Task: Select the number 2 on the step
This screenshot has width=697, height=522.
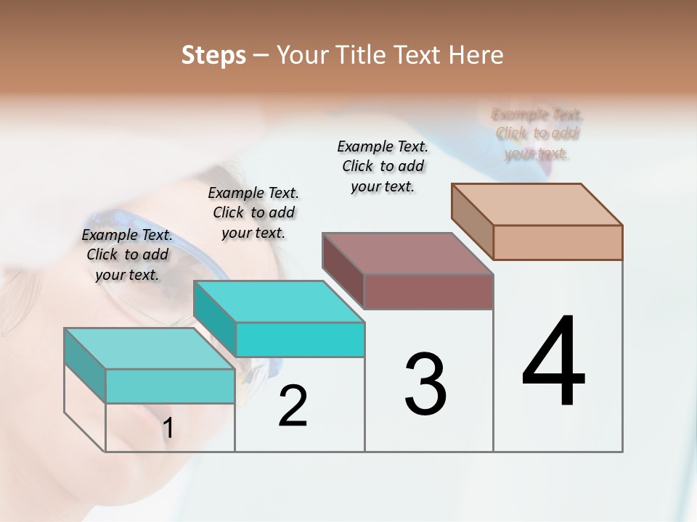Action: tap(293, 406)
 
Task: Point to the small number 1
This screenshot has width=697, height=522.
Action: tap(168, 428)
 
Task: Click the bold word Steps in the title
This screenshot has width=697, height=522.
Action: tap(213, 55)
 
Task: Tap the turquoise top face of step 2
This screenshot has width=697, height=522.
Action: tap(279, 301)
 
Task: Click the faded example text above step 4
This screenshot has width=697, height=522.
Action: tap(537, 133)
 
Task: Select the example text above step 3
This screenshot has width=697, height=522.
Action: tap(383, 166)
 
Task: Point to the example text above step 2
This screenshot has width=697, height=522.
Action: tap(253, 212)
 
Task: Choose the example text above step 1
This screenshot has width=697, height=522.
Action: tap(127, 254)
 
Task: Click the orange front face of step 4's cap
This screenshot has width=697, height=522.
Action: tap(558, 242)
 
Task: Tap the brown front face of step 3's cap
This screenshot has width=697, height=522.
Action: tap(428, 291)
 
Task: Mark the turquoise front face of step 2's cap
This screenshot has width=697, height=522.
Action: tap(300, 339)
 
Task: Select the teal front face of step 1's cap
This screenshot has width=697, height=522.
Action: tap(170, 386)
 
